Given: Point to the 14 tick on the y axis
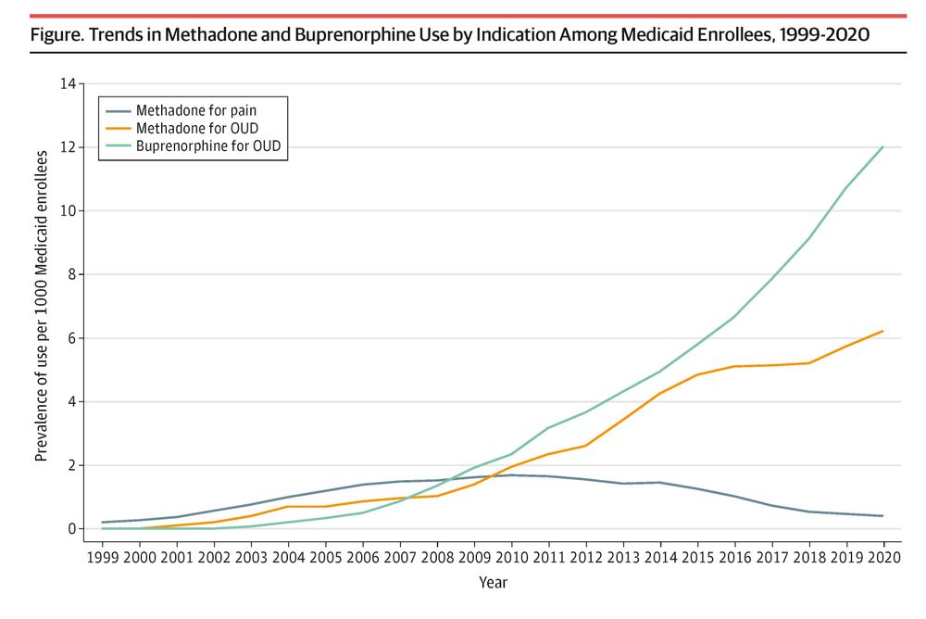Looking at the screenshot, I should (67, 84).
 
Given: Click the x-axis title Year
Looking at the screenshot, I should (493, 583).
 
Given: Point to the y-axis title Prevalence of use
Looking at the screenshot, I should (42, 306).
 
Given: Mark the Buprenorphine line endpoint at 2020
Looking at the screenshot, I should (882, 147).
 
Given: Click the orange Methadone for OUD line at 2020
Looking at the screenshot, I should (882, 331).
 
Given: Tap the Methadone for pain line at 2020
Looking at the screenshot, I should (882, 516).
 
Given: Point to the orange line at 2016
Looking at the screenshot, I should (734, 366).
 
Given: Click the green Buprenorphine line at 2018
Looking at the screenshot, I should (808, 238).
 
